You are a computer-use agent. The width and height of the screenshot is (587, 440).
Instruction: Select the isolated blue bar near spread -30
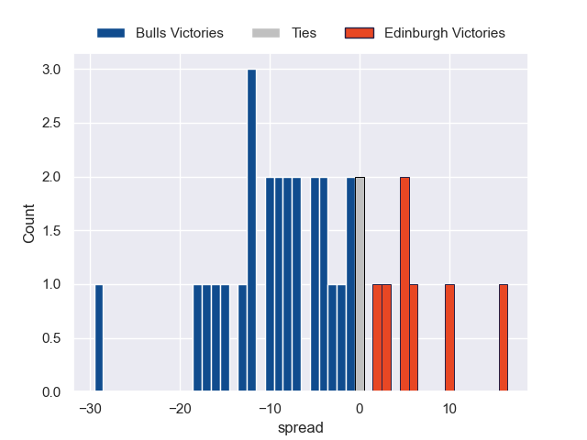pos(99,338)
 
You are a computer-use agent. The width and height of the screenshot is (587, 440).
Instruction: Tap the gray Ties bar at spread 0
pos(360,284)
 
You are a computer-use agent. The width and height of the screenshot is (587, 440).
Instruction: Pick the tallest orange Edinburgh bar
pos(404,284)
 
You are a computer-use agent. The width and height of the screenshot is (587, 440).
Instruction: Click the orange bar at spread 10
pos(449,338)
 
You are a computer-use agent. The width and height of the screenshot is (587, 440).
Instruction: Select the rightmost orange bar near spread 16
pos(504,338)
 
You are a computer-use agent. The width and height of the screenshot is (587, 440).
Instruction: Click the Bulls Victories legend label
pos(179,33)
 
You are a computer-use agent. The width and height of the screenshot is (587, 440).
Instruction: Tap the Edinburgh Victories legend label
pos(445,33)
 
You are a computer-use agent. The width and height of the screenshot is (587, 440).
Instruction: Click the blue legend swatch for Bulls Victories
pos(110,33)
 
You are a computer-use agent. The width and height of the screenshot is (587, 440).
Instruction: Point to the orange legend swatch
pos(360,33)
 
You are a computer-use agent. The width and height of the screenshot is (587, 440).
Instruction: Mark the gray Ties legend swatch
pos(264,33)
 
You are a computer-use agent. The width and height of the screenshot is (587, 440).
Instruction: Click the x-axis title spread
pos(301,427)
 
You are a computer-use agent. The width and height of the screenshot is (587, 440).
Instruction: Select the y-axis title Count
pos(29,224)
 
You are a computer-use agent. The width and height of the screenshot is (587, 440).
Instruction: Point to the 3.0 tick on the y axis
pos(50,70)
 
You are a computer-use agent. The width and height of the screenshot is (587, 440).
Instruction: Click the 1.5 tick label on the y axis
pos(50,231)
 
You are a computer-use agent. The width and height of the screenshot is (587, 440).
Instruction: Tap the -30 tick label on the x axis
pos(88,408)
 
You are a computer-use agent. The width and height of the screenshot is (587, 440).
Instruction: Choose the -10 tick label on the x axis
pos(268,408)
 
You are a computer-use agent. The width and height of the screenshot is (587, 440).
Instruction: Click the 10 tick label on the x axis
pos(449,408)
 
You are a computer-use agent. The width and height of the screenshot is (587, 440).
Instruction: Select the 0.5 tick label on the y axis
pos(50,338)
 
